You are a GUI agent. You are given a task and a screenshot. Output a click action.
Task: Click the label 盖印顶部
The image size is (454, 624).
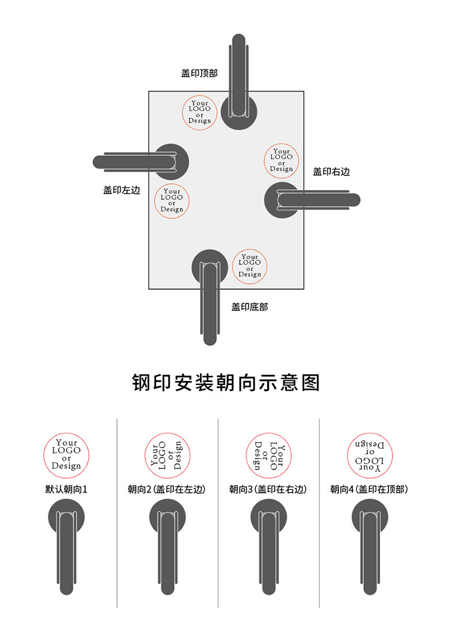(199, 73)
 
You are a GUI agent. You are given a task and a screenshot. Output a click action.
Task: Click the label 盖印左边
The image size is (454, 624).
(122, 190)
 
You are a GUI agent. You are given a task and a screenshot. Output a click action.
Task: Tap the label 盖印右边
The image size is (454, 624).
(331, 171)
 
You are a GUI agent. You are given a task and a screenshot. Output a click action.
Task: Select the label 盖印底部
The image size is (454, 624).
(249, 307)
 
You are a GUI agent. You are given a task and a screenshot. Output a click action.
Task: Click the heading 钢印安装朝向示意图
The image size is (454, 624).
(226, 383)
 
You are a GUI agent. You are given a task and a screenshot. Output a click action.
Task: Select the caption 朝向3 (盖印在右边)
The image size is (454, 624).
(268, 490)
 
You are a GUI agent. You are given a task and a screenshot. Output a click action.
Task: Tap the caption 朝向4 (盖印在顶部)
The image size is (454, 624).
(369, 490)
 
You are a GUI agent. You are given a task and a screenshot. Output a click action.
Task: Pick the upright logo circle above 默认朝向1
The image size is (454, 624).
(67, 456)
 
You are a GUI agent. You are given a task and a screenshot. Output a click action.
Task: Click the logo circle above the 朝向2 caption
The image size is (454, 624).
(167, 456)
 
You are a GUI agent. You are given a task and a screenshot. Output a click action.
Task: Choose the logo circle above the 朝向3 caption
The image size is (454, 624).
(268, 456)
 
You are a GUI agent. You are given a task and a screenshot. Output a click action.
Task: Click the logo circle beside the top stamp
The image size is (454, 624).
(200, 111)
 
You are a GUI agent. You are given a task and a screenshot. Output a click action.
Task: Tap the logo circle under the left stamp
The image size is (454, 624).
(172, 200)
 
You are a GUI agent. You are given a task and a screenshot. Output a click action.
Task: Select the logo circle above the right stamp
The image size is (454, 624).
(282, 160)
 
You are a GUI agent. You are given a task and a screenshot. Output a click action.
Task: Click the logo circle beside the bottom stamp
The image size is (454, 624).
(249, 265)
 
